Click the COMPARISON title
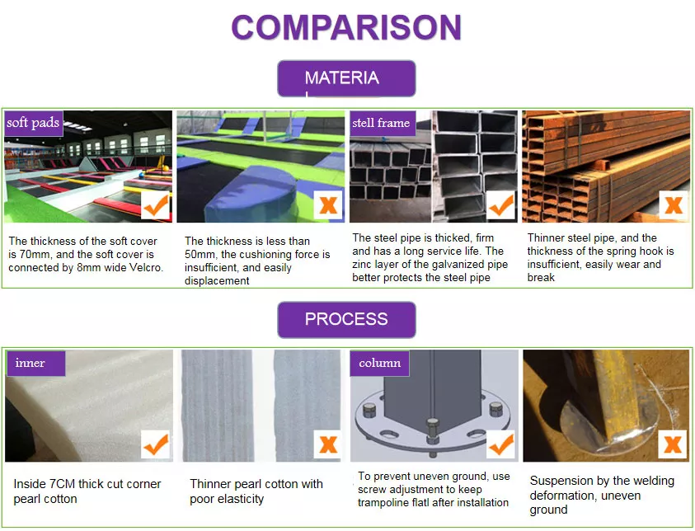click(x=346, y=27)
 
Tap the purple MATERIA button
click(x=346, y=78)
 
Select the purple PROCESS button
click(x=346, y=320)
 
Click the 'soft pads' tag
click(x=33, y=123)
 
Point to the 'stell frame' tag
click(x=382, y=123)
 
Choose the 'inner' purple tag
click(x=36, y=364)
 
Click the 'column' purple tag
click(x=379, y=364)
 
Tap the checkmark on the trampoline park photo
click(x=156, y=205)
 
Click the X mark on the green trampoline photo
click(x=328, y=205)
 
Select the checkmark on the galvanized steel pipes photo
click(x=501, y=205)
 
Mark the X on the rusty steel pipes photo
click(x=674, y=205)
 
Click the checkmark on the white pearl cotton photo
click(x=156, y=444)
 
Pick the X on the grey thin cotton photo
click(x=328, y=444)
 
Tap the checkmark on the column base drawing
click(x=501, y=444)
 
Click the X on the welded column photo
click(x=673, y=444)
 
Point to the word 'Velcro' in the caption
click(x=145, y=268)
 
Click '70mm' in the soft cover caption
click(x=35, y=255)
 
